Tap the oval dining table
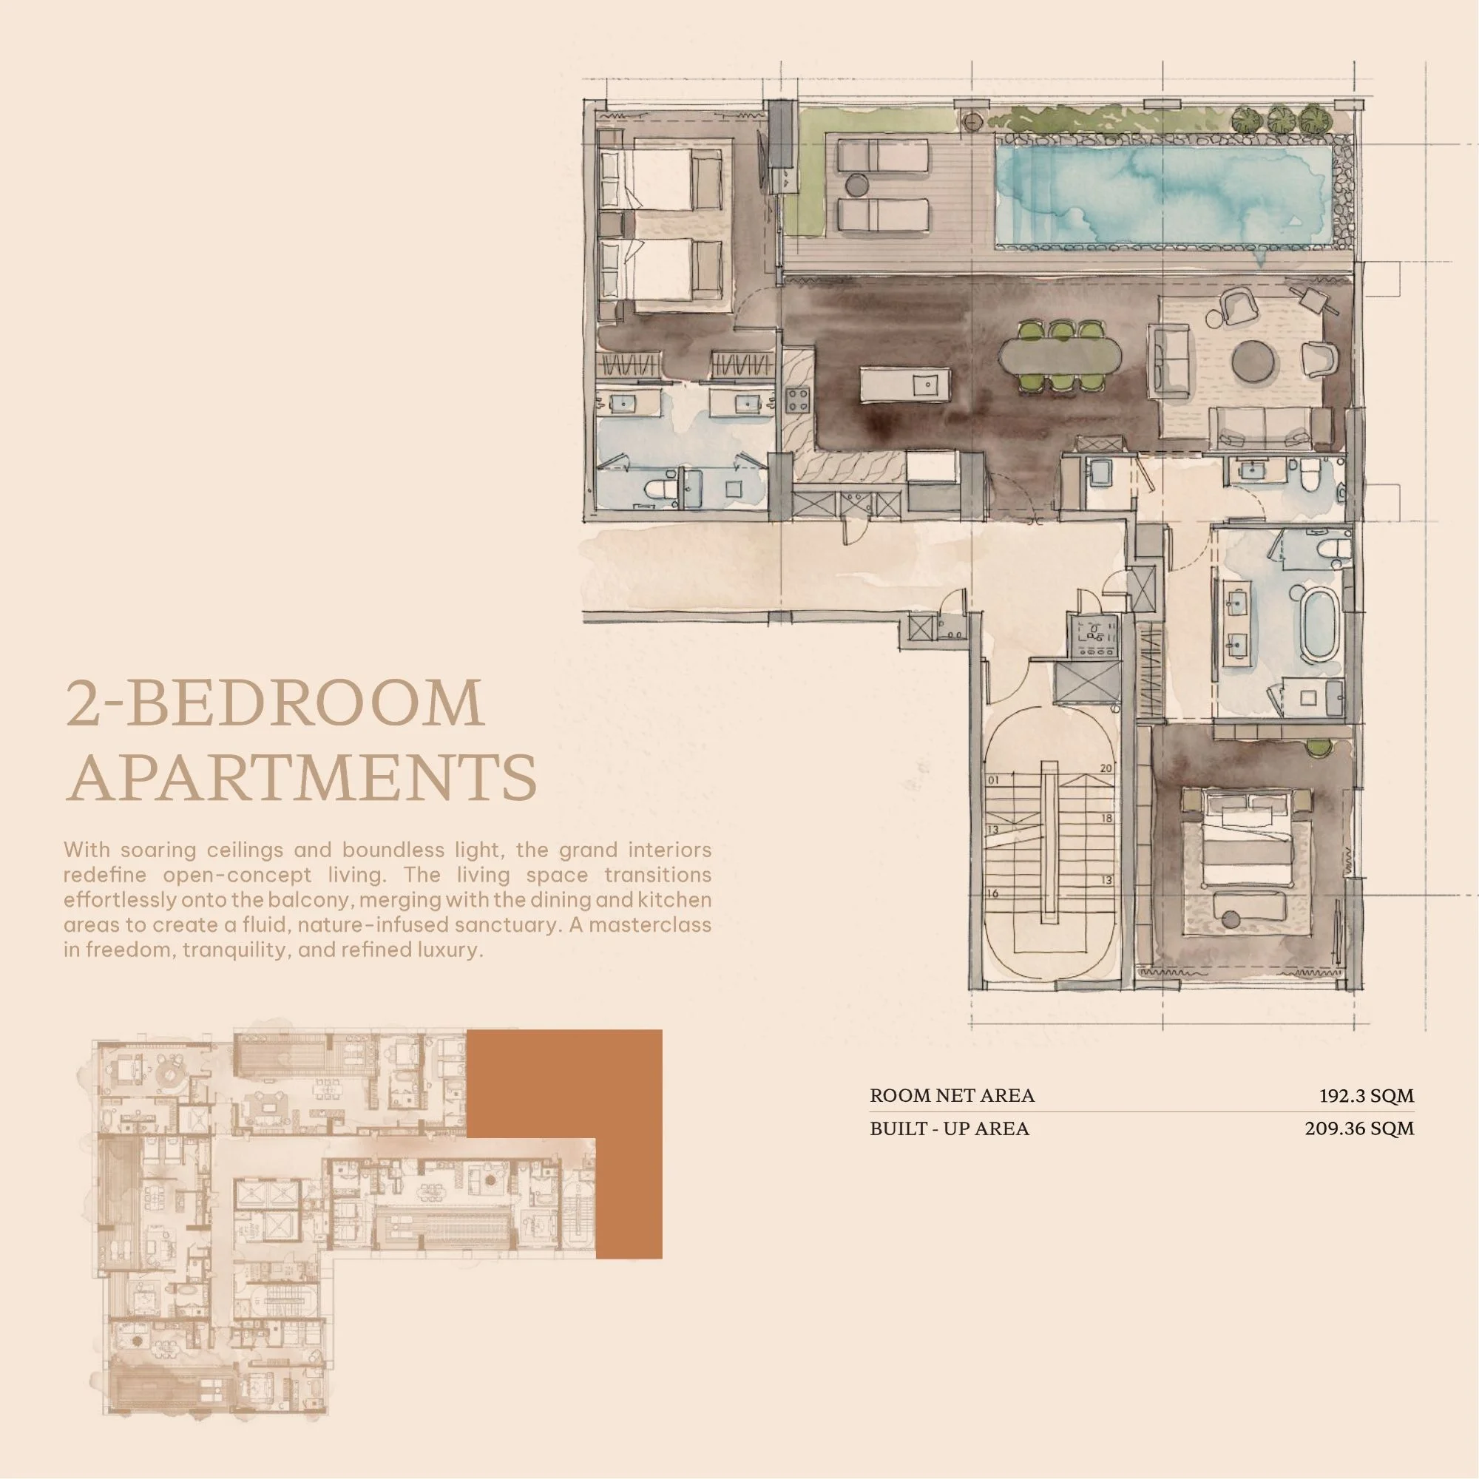1060,356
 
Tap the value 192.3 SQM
1367,1095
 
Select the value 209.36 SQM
1360,1128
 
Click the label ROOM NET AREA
952,1095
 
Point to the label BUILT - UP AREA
950,1128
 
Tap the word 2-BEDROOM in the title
275,703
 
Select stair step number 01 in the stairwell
995,780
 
